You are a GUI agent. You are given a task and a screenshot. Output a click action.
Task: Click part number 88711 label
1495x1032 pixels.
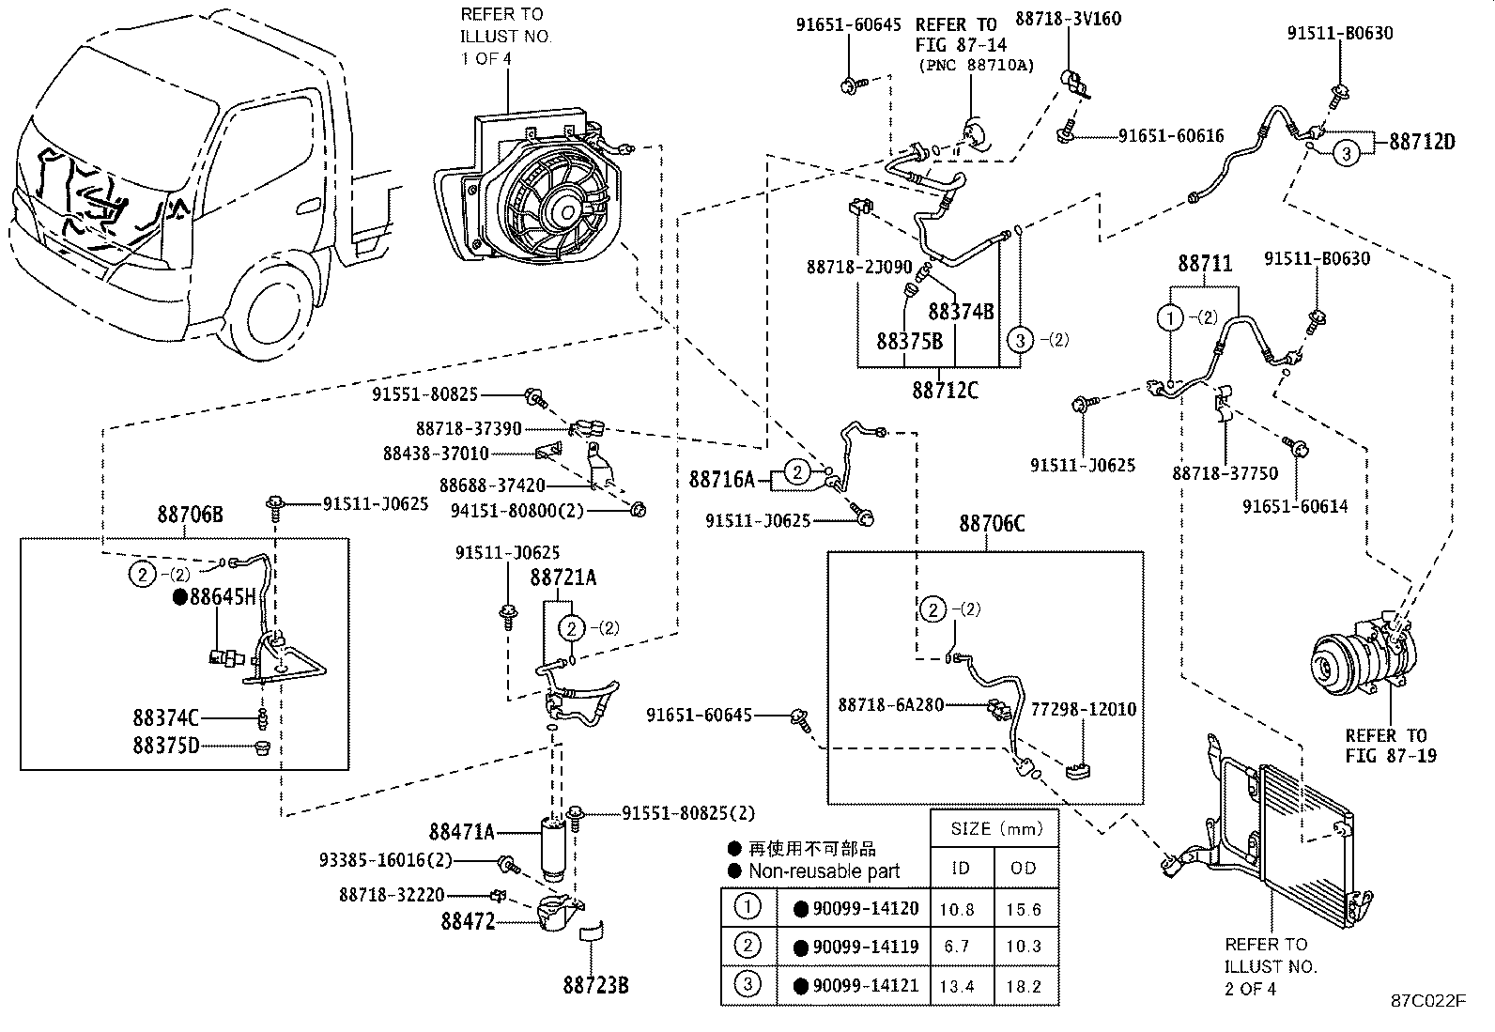1205,265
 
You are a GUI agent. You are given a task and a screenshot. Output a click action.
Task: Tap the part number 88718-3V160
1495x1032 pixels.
1068,19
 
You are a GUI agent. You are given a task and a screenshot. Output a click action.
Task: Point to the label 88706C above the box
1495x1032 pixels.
992,524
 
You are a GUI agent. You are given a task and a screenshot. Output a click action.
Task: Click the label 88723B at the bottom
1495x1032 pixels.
595,985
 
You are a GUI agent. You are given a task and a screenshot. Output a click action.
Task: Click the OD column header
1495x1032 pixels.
1024,868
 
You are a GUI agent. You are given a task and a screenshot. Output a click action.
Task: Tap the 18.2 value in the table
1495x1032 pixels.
1024,985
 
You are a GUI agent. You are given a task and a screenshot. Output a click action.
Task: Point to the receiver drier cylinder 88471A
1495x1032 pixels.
556,845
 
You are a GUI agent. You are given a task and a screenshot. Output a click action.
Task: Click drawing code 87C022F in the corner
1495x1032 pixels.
1427,1000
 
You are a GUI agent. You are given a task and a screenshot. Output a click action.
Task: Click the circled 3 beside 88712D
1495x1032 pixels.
1346,153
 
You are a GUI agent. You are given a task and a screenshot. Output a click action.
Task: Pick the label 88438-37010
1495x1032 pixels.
436,454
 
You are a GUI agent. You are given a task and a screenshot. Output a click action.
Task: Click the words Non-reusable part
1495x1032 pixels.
824,870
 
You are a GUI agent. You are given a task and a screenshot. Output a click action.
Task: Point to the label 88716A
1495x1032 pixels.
721,480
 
